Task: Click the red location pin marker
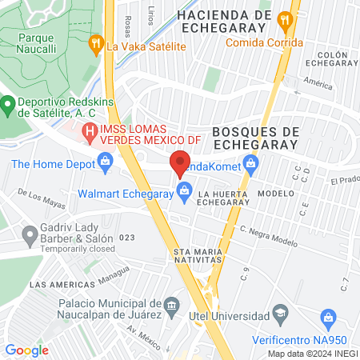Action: (x=179, y=162)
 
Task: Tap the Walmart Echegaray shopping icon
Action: (x=185, y=192)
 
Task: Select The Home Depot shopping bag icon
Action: (x=105, y=164)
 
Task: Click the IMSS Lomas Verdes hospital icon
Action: (x=88, y=130)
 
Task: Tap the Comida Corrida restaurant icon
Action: (x=282, y=19)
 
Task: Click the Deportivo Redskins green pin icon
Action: (x=8, y=104)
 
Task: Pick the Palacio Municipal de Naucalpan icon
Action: (x=171, y=305)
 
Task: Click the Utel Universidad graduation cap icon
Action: (x=280, y=311)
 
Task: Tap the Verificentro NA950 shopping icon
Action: (x=328, y=319)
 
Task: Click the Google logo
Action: (x=26, y=350)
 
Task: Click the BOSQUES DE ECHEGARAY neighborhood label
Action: (x=256, y=138)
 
